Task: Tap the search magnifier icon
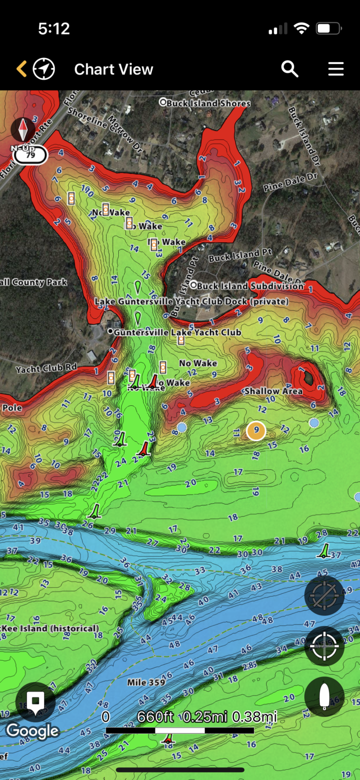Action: pos(290,69)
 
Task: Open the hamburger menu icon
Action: pos(336,69)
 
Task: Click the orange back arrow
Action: pos(21,69)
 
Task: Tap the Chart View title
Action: pos(114,70)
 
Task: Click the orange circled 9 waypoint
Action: pos(256,431)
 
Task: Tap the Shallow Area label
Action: pos(273,391)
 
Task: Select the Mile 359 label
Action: pos(146,682)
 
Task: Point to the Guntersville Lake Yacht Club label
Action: pos(177,332)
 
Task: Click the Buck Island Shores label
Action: pos(208,103)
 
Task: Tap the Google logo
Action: pos(32,731)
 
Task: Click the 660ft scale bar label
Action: pos(155,717)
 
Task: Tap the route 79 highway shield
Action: pos(30,155)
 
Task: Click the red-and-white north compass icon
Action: pos(23,129)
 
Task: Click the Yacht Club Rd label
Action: pos(46,369)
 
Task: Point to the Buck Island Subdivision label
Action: pos(250,286)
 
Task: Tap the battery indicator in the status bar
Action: pos(328,29)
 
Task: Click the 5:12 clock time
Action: pos(54,29)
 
